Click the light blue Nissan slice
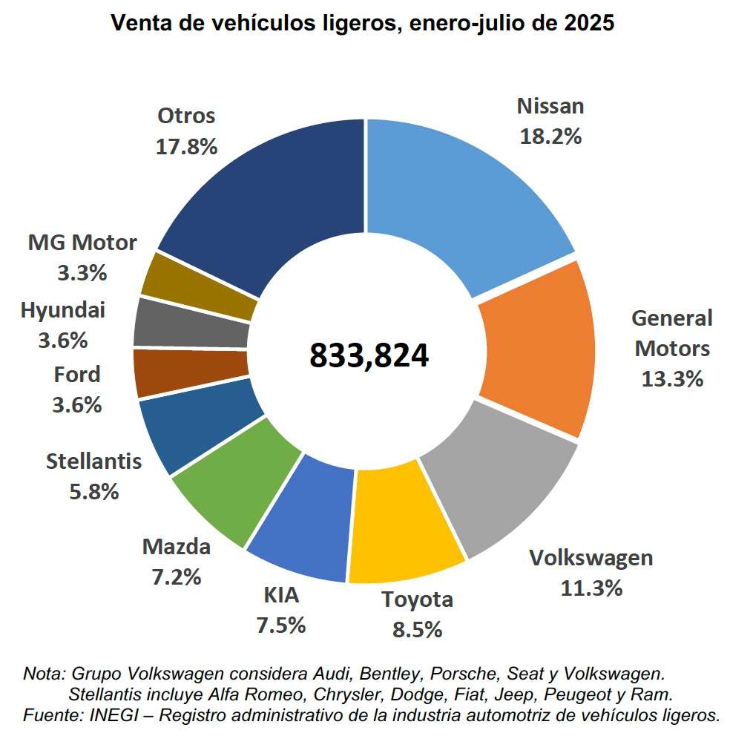coord(460,185)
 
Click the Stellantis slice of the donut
coord(200,430)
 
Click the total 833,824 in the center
coord(369,355)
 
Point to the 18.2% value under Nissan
coord(550,137)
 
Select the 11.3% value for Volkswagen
coord(591,588)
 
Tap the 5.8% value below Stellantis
coord(93,491)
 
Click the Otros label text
coord(186,116)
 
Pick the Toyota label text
coord(417,599)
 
